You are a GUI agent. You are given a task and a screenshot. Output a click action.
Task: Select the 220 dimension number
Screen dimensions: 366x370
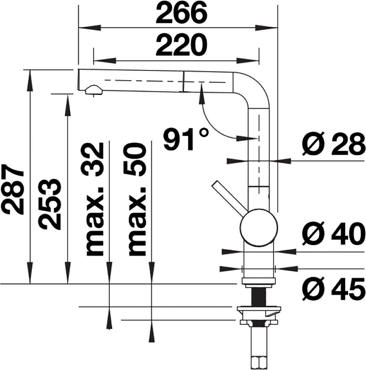(x=181, y=45)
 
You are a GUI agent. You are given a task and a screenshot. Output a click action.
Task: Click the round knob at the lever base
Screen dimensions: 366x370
(x=259, y=228)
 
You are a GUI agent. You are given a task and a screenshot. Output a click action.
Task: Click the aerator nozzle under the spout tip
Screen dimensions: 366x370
(x=94, y=90)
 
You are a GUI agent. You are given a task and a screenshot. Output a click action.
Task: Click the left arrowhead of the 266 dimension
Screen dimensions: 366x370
(x=90, y=27)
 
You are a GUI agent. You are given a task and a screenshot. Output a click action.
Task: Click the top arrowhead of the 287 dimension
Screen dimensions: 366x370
(x=30, y=81)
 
